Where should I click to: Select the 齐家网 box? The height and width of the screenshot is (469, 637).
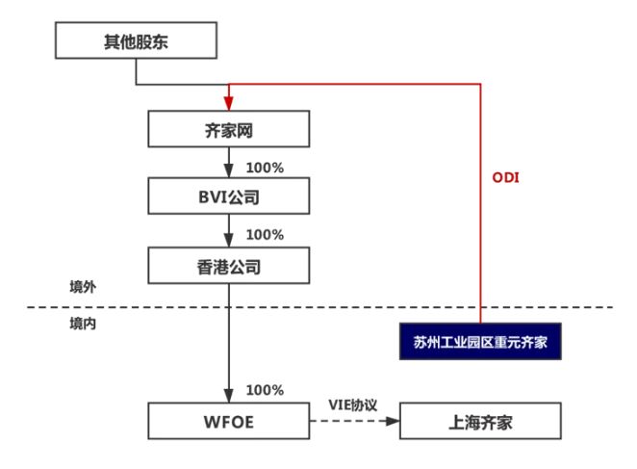[229, 128]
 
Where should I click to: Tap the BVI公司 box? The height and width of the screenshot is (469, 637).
[229, 196]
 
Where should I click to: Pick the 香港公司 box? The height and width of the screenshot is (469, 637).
[229, 265]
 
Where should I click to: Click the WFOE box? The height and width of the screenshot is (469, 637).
[229, 421]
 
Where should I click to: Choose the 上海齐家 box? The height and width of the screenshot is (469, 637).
[478, 421]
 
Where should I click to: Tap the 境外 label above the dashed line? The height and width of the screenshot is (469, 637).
[83, 287]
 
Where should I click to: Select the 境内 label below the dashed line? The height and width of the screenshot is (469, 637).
[83, 325]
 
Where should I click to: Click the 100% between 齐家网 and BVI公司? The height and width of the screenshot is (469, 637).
[265, 167]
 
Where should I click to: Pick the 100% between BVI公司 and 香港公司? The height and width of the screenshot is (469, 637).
[265, 234]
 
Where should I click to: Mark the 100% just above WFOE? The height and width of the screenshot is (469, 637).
[265, 390]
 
